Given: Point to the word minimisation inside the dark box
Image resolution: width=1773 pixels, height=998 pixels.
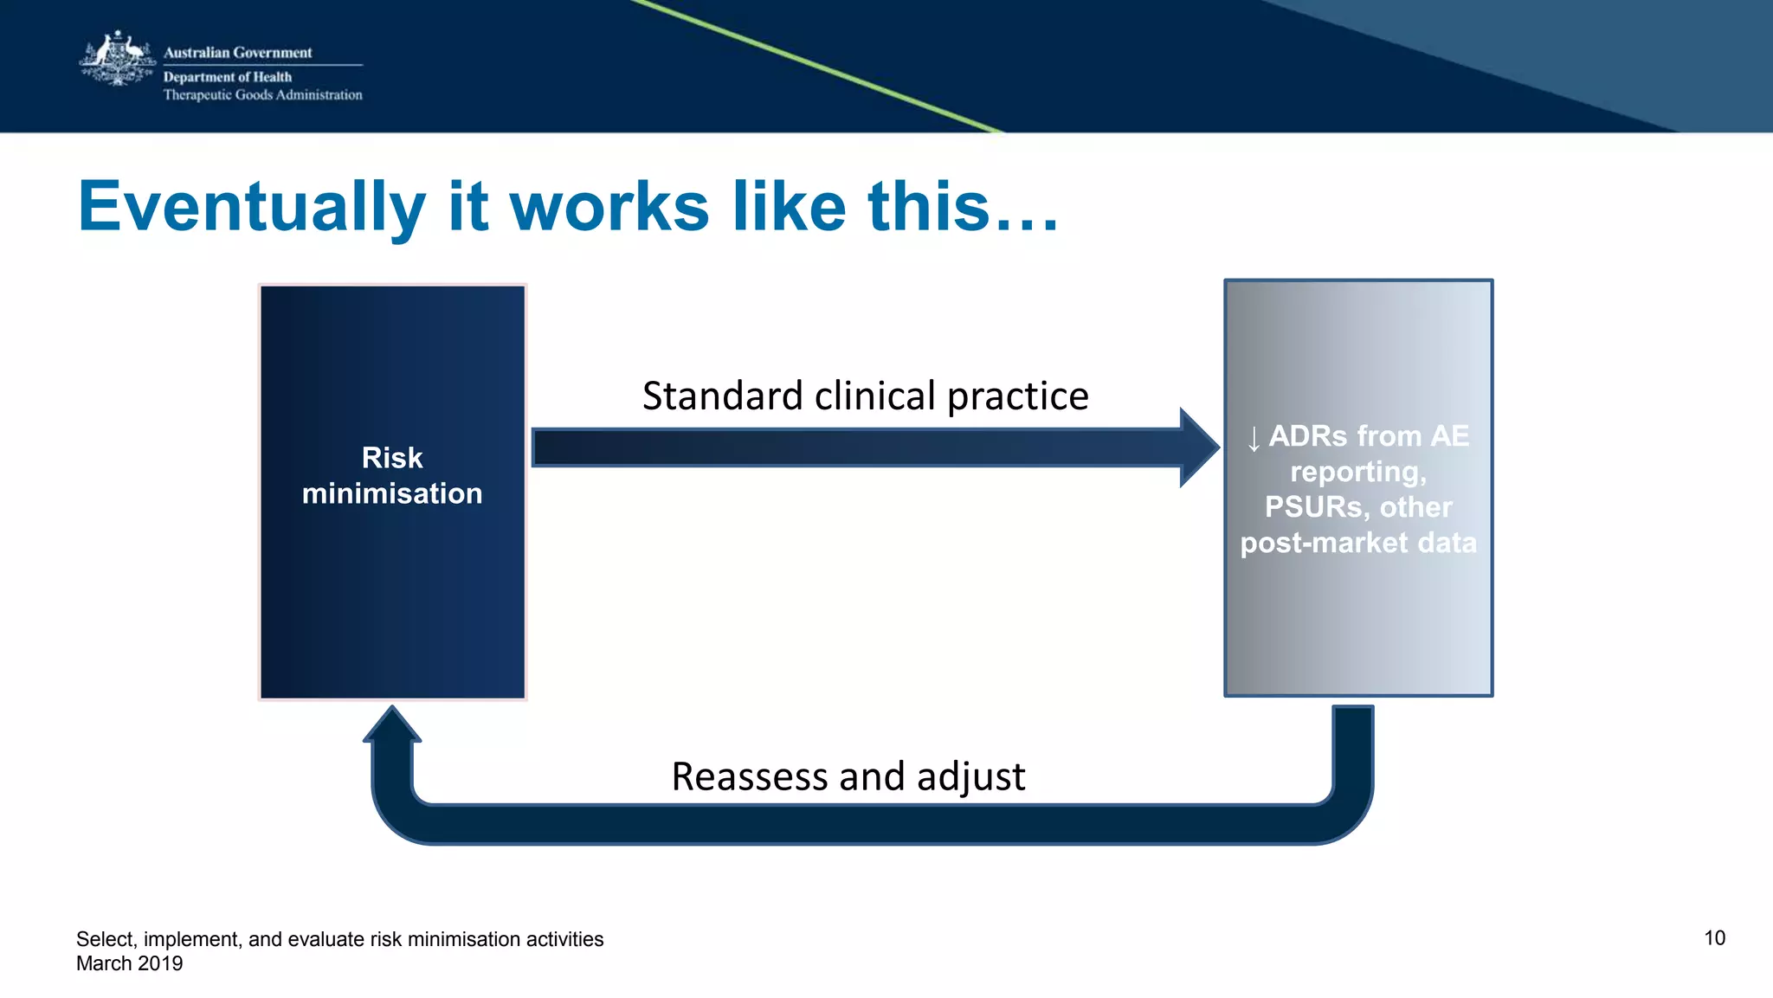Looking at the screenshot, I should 392,493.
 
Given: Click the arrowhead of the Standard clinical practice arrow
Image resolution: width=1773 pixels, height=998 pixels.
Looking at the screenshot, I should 1200,447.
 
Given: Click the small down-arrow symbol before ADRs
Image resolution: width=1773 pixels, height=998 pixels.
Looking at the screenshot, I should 1253,438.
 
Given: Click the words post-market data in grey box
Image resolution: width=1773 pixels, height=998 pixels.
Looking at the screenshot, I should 1358,543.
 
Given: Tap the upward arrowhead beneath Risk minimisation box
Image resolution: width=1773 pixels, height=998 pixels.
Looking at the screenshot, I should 392,725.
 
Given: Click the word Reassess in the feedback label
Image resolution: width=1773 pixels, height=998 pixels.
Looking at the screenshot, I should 750,776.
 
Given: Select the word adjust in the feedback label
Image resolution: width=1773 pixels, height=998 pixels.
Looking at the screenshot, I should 970,776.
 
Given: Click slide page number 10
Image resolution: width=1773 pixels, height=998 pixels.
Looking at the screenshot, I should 1714,938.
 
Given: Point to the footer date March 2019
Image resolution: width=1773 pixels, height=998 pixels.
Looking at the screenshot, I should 130,963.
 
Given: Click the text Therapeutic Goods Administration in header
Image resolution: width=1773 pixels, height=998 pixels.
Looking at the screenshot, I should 262,95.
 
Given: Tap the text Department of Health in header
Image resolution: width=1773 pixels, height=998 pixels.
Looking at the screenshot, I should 228,77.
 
